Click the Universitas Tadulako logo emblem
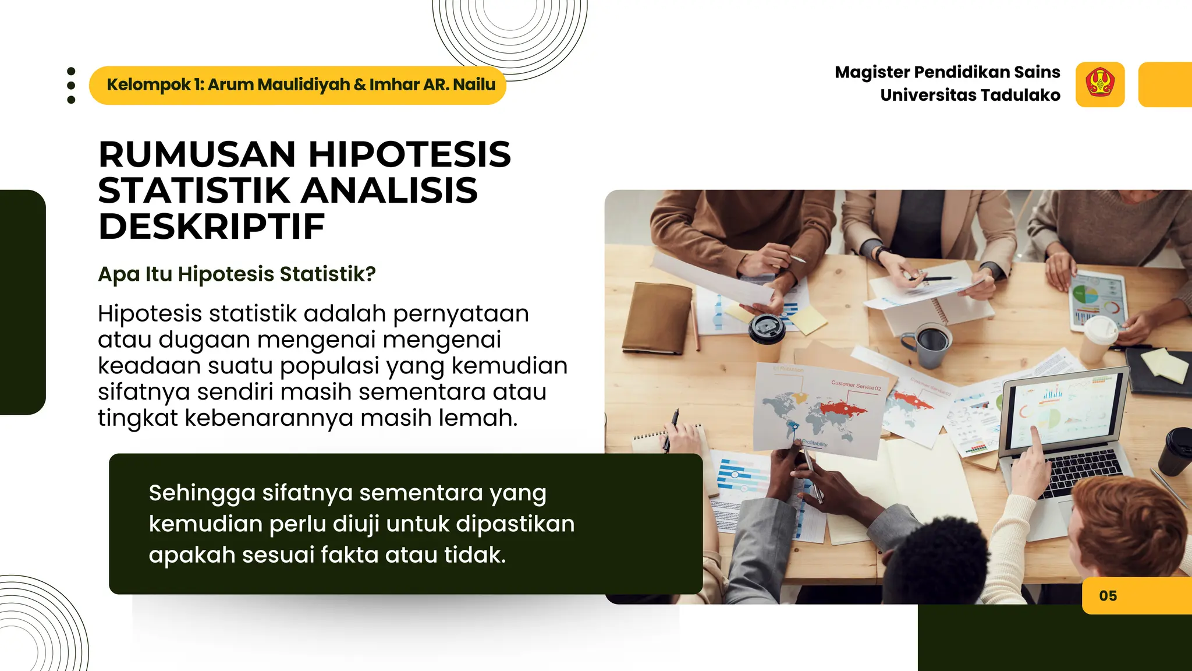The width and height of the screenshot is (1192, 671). [x=1099, y=84]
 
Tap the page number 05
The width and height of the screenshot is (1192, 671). [x=1108, y=596]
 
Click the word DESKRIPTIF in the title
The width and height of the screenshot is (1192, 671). [x=211, y=227]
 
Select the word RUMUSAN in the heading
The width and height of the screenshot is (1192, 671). [x=197, y=154]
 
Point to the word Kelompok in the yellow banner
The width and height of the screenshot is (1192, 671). [x=148, y=85]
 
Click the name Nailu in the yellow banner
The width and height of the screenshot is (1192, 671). [x=474, y=85]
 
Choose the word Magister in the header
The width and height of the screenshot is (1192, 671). [x=871, y=72]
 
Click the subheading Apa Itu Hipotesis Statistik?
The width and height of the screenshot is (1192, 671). [x=237, y=274]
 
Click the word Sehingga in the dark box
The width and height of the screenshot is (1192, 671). [x=201, y=493]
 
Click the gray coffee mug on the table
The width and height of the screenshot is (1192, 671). [x=932, y=344]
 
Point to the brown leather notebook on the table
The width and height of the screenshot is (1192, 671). [x=657, y=318]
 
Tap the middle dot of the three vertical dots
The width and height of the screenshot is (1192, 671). [x=71, y=86]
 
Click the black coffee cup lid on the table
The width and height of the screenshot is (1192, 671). [x=767, y=328]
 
